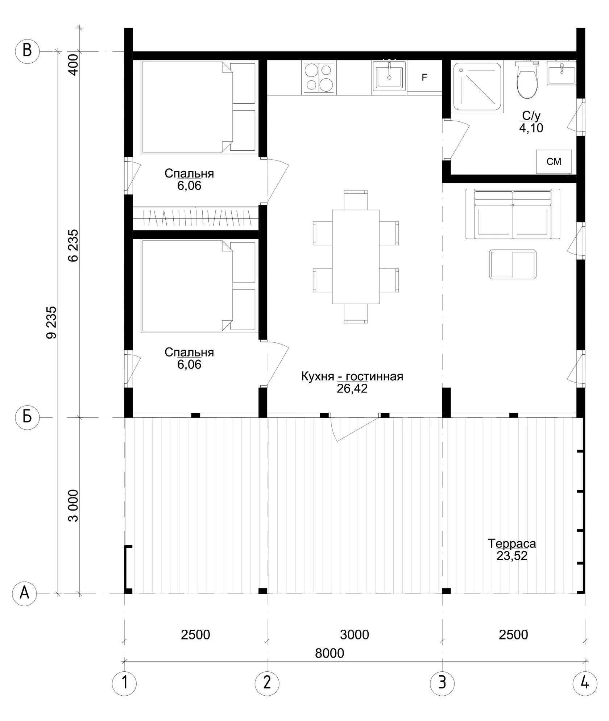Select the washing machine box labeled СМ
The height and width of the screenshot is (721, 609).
[554, 162]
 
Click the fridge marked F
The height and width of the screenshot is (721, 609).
[424, 77]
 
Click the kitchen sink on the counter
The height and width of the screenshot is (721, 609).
[389, 76]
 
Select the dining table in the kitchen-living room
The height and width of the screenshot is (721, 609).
[356, 257]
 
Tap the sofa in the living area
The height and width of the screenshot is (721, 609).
[513, 214]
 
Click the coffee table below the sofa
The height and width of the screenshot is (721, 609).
[513, 264]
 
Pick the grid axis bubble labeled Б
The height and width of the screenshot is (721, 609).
[27, 417]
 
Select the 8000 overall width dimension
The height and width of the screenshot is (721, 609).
[329, 653]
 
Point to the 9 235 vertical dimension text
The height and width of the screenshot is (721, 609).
[51, 322]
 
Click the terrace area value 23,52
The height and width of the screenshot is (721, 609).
[512, 555]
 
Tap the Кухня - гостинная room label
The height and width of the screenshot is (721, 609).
[352, 376]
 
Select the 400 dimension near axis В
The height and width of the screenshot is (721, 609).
[74, 64]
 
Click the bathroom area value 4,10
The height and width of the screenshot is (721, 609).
[531, 128]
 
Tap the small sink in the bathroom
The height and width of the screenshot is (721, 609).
[561, 73]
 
